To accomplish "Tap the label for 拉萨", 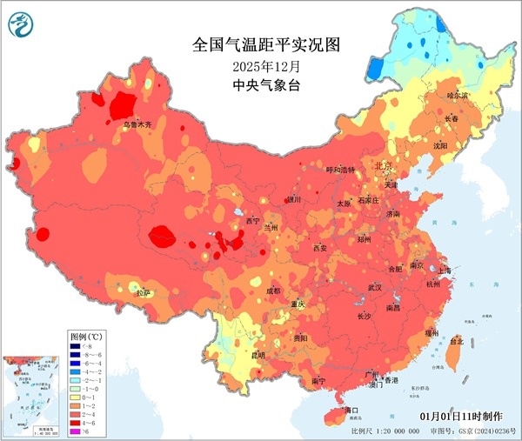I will (x=142, y=293).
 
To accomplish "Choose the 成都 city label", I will (x=273, y=290).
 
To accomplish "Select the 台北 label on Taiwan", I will (x=454, y=342).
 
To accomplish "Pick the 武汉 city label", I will (x=374, y=287).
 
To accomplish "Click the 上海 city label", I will (x=445, y=271).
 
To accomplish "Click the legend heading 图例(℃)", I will (x=87, y=334).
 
